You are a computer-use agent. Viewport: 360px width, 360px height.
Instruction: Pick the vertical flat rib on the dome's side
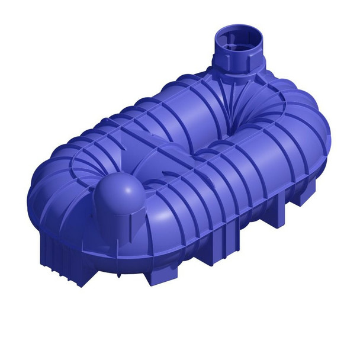click(x=137, y=214)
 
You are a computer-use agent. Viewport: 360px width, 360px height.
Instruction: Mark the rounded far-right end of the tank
click(x=317, y=142)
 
